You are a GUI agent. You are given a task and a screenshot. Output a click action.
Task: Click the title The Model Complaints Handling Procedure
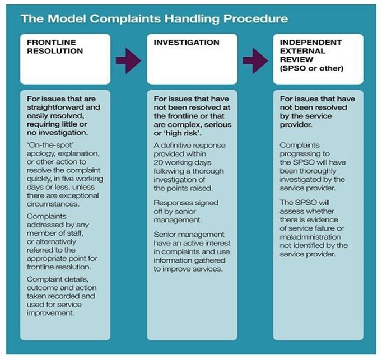[154, 19]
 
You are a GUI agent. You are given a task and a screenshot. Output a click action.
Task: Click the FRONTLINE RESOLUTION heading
[55, 46]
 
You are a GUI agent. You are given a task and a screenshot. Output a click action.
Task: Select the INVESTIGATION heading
[187, 43]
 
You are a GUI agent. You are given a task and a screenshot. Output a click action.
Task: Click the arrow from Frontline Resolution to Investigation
[128, 60]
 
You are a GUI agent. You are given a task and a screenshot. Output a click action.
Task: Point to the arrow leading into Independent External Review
[255, 60]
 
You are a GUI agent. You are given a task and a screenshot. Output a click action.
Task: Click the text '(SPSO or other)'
[311, 68]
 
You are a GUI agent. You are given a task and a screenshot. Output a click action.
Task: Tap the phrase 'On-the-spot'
[50, 145]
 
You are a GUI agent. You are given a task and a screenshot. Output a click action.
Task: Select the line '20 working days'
[182, 162]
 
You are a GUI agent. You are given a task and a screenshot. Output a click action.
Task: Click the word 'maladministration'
[310, 237]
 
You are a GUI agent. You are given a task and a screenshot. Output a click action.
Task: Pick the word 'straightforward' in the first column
[56, 107]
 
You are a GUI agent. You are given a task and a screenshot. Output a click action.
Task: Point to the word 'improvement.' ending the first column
[50, 313]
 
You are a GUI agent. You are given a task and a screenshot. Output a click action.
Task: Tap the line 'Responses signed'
[186, 203]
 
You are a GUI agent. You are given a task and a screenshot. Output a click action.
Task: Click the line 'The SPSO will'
[305, 203]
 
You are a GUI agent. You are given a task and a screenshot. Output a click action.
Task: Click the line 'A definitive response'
[189, 146]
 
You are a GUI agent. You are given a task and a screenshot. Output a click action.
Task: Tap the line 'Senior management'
[189, 235]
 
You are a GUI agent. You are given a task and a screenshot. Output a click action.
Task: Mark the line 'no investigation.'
[58, 133]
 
